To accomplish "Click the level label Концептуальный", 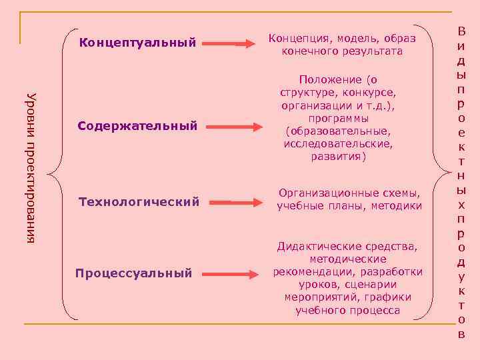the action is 137,44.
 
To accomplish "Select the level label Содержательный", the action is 137,125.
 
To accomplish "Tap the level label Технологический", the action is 139,201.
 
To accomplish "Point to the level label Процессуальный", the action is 133,273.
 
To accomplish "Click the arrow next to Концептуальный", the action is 229,44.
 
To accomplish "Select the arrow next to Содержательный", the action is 229,125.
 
